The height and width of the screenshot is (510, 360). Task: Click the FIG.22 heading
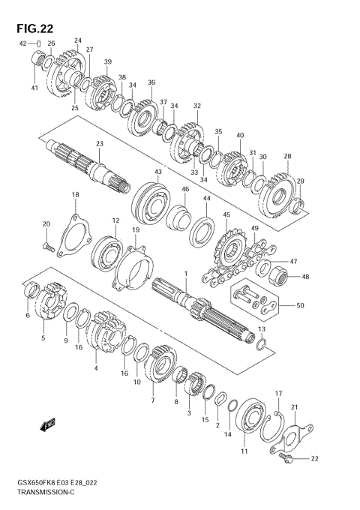[x=34, y=28]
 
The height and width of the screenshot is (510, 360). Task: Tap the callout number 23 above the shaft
[x=100, y=143]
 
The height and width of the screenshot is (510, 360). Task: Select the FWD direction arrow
[x=47, y=424]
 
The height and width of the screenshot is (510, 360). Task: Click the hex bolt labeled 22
[x=286, y=458]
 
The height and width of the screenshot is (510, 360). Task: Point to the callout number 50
[x=300, y=305]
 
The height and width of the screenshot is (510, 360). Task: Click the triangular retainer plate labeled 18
[x=73, y=235]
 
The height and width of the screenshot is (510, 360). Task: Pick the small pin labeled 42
[x=39, y=43]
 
